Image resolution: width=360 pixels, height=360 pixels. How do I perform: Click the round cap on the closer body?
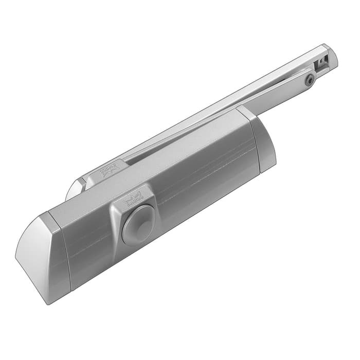138,225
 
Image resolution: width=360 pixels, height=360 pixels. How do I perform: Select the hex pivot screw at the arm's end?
310,80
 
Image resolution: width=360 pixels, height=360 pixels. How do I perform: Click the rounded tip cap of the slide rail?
332,55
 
